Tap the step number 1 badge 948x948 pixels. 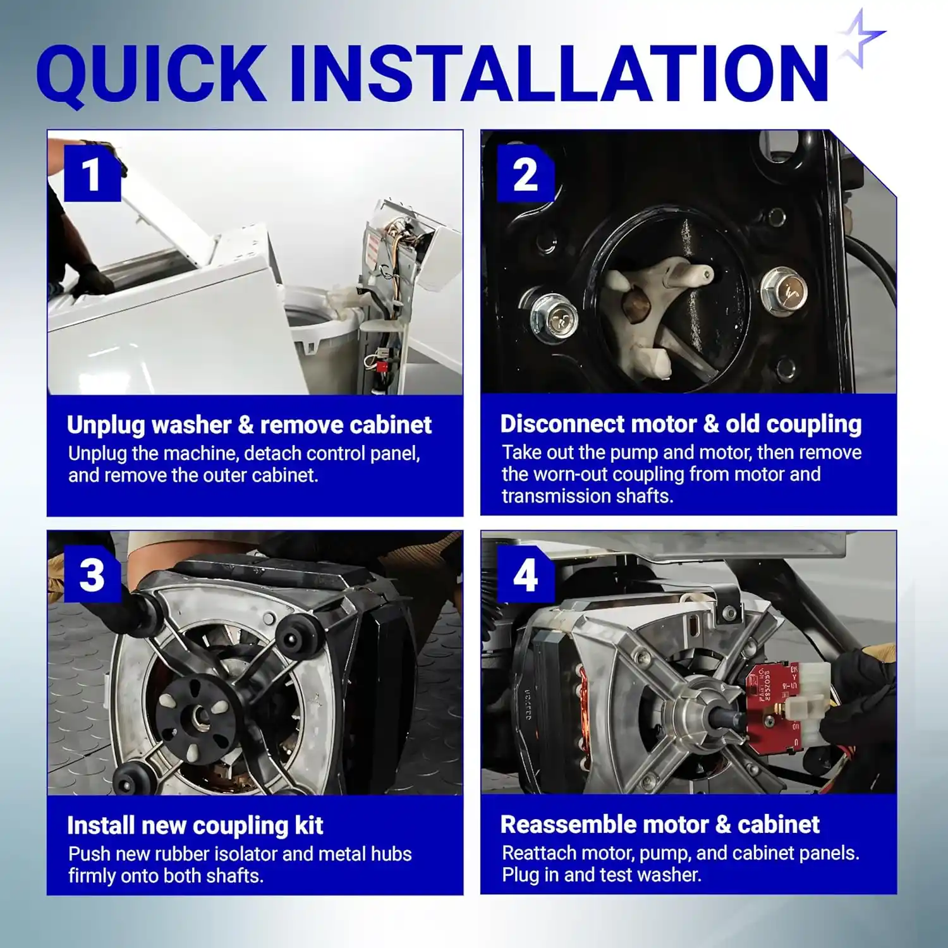[x=92, y=173]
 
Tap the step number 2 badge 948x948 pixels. [x=525, y=173]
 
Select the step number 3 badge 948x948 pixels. [x=92, y=574]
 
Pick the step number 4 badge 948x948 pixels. [x=526, y=574]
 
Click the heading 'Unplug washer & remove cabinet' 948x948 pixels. [x=249, y=425]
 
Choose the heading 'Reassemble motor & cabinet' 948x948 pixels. [x=660, y=825]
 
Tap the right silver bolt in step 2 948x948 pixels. [x=784, y=291]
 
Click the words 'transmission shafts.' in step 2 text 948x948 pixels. [x=588, y=497]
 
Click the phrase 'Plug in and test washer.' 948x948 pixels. [x=602, y=875]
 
